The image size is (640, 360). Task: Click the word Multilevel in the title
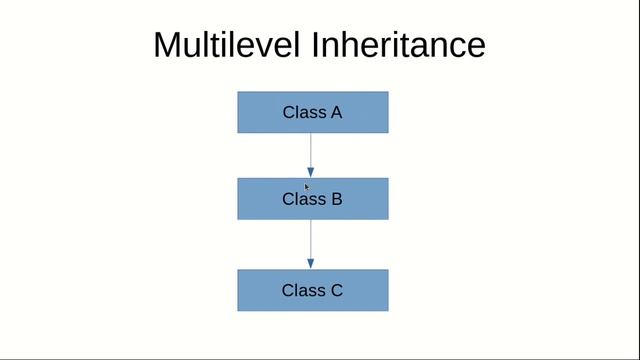coord(228,45)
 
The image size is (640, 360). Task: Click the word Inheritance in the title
coord(398,45)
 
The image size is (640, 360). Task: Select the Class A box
coord(312,112)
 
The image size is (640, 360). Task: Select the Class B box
coord(312,199)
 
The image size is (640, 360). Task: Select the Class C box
coord(312,290)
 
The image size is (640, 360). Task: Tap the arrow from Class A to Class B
coord(311,150)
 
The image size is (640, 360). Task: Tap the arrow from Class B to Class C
coord(311,240)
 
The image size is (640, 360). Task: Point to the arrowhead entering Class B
coord(311,172)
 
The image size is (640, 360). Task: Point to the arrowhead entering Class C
coord(311,263)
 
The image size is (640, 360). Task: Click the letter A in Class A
coord(336,112)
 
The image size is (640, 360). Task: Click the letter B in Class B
coord(336,199)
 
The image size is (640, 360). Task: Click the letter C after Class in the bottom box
coord(336,291)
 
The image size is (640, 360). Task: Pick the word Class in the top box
coord(303,112)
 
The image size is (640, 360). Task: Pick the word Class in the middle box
coord(303,199)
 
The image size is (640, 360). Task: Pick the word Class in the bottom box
coord(303,291)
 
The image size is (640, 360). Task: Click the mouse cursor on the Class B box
coord(307,186)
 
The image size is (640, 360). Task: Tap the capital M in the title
coord(168,45)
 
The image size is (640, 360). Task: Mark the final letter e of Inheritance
coord(475,47)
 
